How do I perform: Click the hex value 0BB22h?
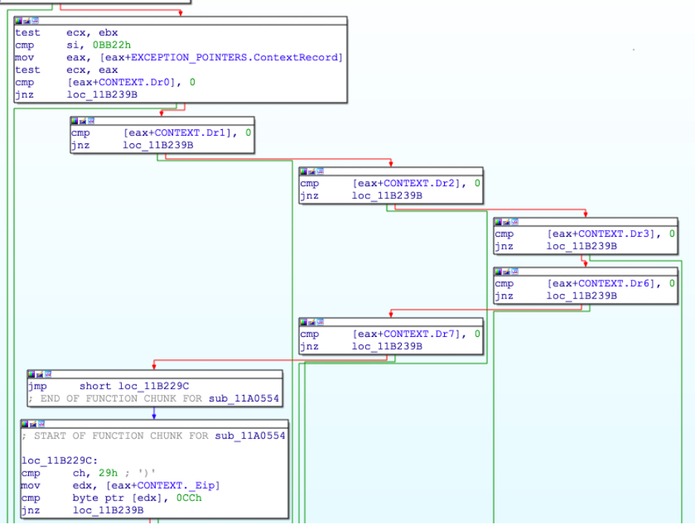[x=111, y=45]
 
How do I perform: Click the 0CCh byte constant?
[x=189, y=498]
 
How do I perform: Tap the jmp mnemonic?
[x=38, y=386]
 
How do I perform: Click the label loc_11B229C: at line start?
[x=59, y=461]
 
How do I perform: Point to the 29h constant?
[x=108, y=473]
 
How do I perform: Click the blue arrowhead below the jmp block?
[x=154, y=417]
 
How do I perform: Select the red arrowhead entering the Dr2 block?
[x=391, y=164]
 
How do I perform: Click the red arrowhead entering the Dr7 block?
[x=391, y=315]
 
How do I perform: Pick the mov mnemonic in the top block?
[x=25, y=58]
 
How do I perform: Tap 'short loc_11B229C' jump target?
[x=134, y=386]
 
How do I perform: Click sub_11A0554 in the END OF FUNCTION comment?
[x=244, y=399]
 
